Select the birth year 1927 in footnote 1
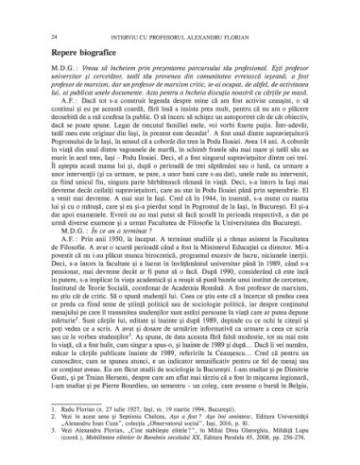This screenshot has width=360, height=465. (x=127, y=402)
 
